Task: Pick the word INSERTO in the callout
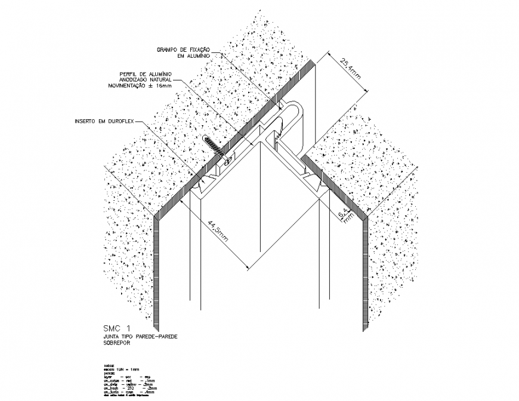tap(86, 122)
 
